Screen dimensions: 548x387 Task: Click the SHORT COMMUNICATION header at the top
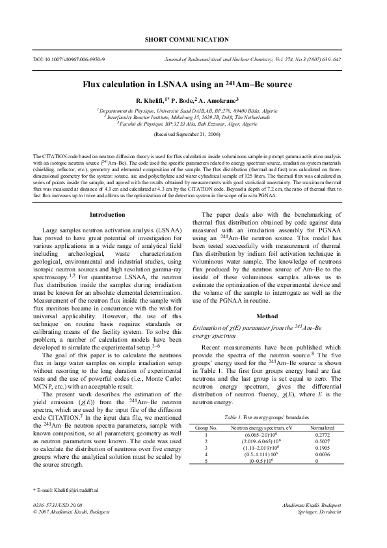pyautogui.click(x=193, y=40)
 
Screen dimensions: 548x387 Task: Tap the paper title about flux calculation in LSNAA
pyautogui.click(x=193, y=85)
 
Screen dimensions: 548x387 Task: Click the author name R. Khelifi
pyautogui.click(x=153, y=101)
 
